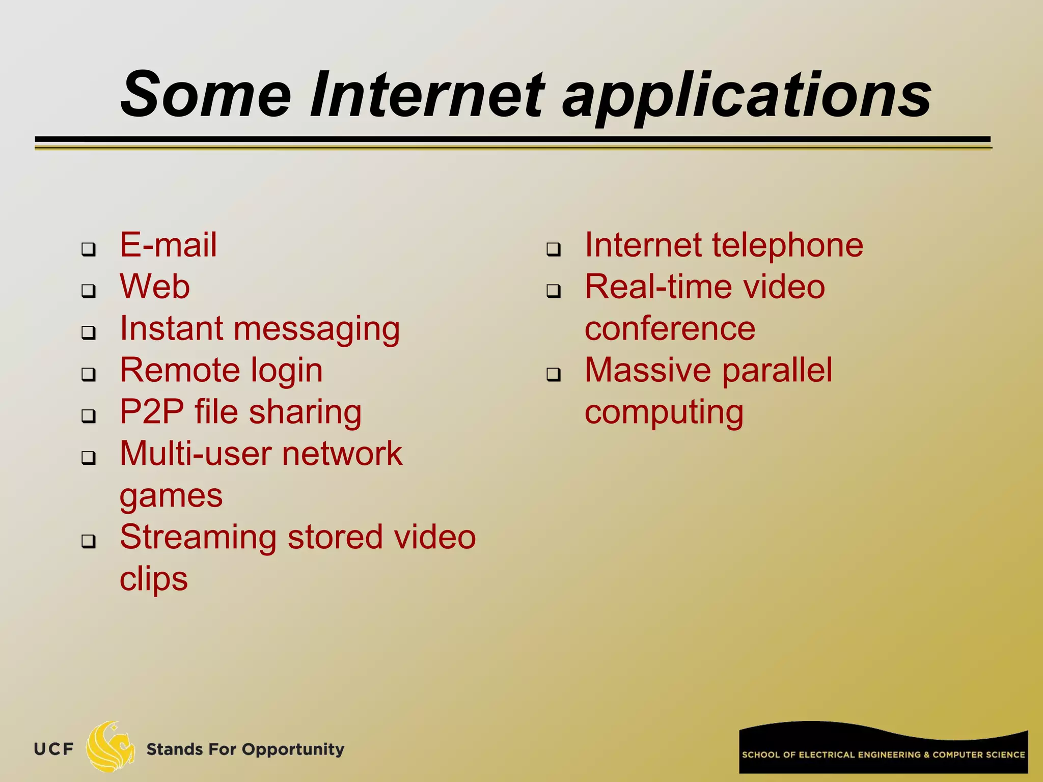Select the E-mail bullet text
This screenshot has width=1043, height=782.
point(168,245)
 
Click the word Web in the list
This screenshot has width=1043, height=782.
point(155,287)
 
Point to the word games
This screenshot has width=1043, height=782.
point(171,496)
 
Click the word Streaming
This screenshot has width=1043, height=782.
point(198,538)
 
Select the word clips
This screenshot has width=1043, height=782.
point(153,580)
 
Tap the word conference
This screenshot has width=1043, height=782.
point(670,328)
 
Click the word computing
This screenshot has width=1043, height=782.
point(664,413)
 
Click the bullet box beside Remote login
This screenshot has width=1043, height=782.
point(89,375)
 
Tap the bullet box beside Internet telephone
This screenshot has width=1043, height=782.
point(554,249)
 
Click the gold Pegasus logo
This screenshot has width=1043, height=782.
point(110,746)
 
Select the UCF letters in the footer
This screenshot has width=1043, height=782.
point(53,749)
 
